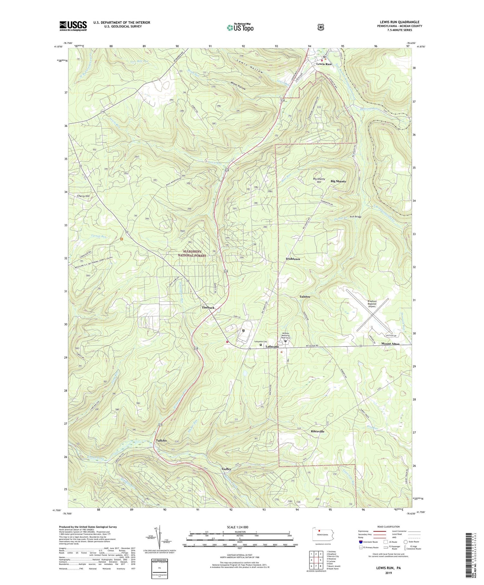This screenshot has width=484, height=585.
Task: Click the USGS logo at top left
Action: click(x=73, y=26)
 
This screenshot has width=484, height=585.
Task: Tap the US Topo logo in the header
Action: click(x=240, y=27)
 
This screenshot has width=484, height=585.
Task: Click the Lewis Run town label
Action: click(x=324, y=64)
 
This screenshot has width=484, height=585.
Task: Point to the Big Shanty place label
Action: click(x=338, y=181)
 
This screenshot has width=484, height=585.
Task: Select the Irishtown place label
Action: click(x=293, y=259)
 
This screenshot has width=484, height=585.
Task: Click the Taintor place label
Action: click(x=305, y=297)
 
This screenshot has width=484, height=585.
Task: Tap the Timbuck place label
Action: click(x=208, y=308)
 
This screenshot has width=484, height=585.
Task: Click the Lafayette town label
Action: click(x=272, y=347)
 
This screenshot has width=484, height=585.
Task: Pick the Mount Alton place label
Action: click(x=390, y=344)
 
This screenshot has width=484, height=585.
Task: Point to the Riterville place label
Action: click(x=318, y=431)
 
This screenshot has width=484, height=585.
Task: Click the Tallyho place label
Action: click(x=161, y=440)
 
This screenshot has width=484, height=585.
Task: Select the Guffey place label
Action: click(x=227, y=469)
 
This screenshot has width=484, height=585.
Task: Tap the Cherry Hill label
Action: click(x=83, y=196)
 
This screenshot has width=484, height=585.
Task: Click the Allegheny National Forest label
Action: click(x=192, y=253)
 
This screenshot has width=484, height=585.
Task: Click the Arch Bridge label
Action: click(x=356, y=217)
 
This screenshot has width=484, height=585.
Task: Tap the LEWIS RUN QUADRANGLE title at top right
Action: click(x=401, y=22)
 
